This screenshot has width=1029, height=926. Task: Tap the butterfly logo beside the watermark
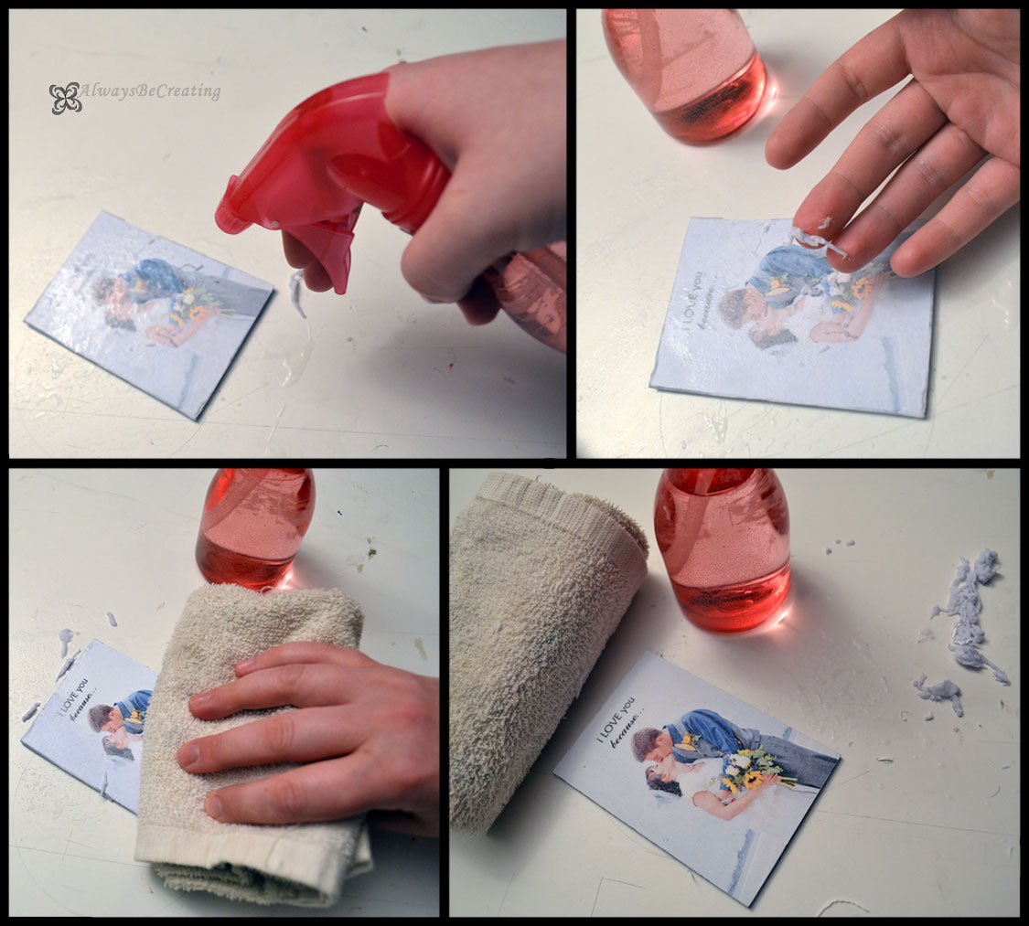[65, 98]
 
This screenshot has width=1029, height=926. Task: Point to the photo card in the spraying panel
[146, 311]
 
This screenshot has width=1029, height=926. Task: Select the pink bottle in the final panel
[722, 548]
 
